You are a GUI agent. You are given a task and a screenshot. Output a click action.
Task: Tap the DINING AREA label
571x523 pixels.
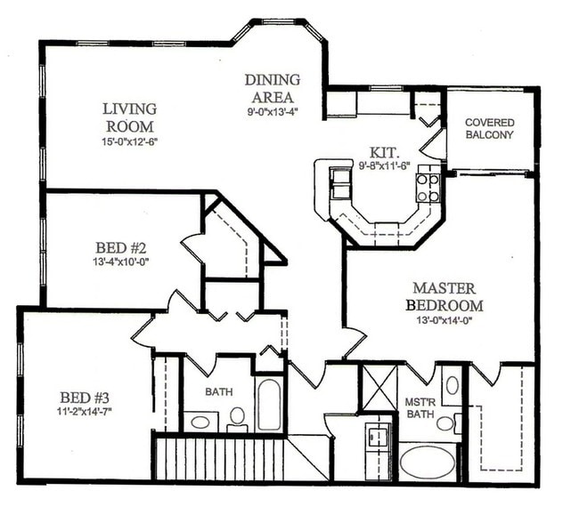(272, 88)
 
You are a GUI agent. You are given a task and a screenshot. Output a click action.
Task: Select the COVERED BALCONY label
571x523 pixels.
(489, 128)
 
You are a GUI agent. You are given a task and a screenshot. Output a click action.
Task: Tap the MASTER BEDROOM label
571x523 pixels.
(443, 296)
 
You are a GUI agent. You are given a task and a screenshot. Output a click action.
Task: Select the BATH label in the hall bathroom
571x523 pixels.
(219, 391)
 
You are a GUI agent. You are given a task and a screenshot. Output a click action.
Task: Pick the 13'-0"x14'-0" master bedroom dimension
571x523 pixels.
(443, 321)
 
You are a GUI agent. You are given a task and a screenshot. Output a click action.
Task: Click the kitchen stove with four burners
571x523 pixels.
(428, 186)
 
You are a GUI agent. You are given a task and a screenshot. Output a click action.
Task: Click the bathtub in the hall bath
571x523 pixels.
(269, 405)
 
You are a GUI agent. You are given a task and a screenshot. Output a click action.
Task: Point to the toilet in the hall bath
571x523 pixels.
(237, 416)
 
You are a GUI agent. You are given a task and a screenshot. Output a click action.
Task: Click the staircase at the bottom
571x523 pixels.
(219, 455)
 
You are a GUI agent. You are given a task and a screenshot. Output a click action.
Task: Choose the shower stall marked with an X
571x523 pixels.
(378, 387)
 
